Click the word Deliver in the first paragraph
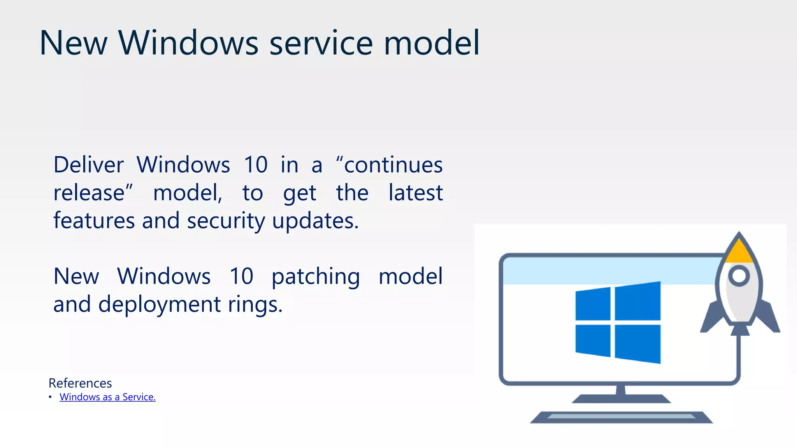[x=89, y=165]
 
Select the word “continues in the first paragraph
[x=389, y=165]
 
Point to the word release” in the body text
[x=93, y=193]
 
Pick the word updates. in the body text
[x=315, y=221]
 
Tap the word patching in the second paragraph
[x=316, y=277]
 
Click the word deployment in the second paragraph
[x=160, y=304]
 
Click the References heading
[x=80, y=383]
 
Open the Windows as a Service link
[x=107, y=397]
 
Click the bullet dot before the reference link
[x=50, y=397]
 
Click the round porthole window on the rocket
[x=739, y=276]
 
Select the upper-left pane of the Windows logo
[x=593, y=304]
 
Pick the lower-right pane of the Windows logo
[x=638, y=343]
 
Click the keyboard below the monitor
[x=621, y=417]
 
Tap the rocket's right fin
[x=769, y=317]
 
